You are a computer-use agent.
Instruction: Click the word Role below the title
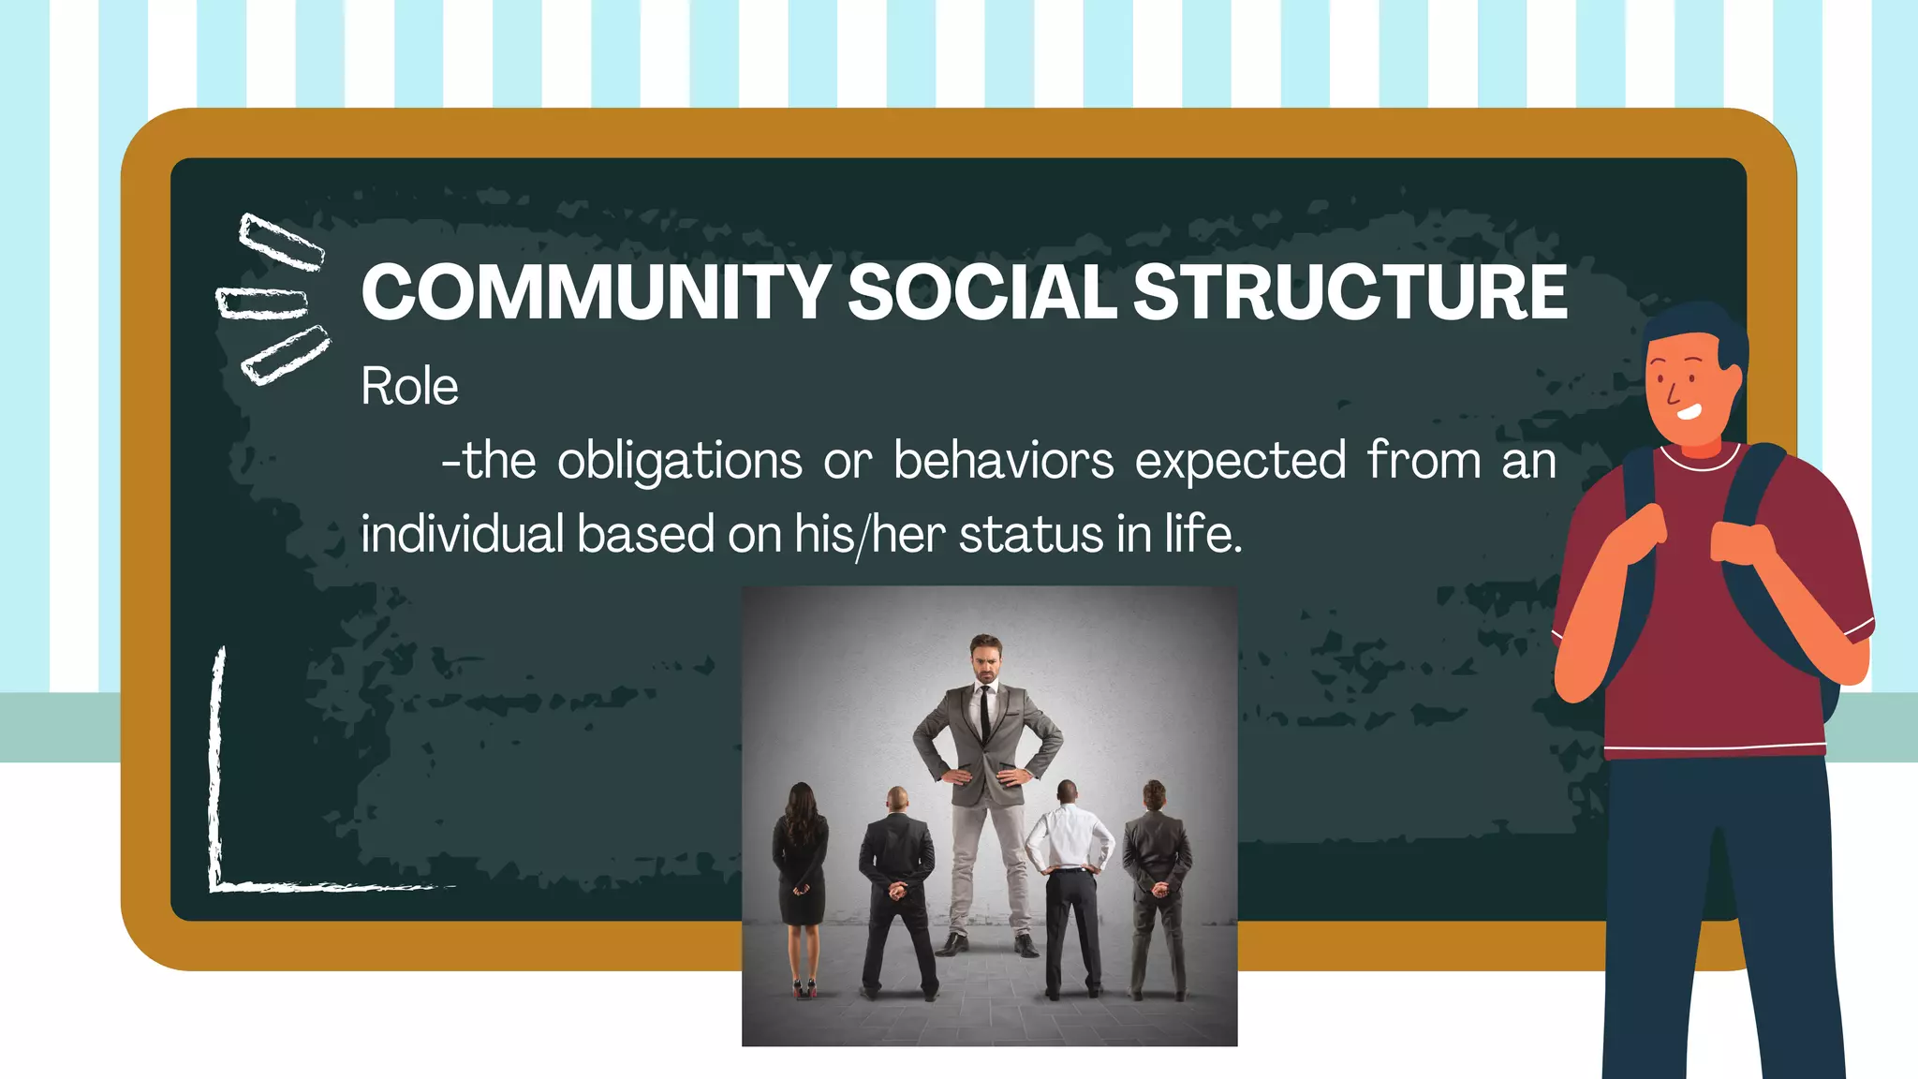pyautogui.click(x=409, y=386)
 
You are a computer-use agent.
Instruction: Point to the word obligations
pyautogui.click(x=680, y=461)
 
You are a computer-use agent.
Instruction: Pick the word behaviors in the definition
pyautogui.click(x=1003, y=461)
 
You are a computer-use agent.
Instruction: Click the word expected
pyautogui.click(x=1241, y=461)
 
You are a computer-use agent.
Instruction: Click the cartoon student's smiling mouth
pyautogui.click(x=1689, y=411)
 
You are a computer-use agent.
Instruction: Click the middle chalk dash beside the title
pyautogui.click(x=262, y=303)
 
